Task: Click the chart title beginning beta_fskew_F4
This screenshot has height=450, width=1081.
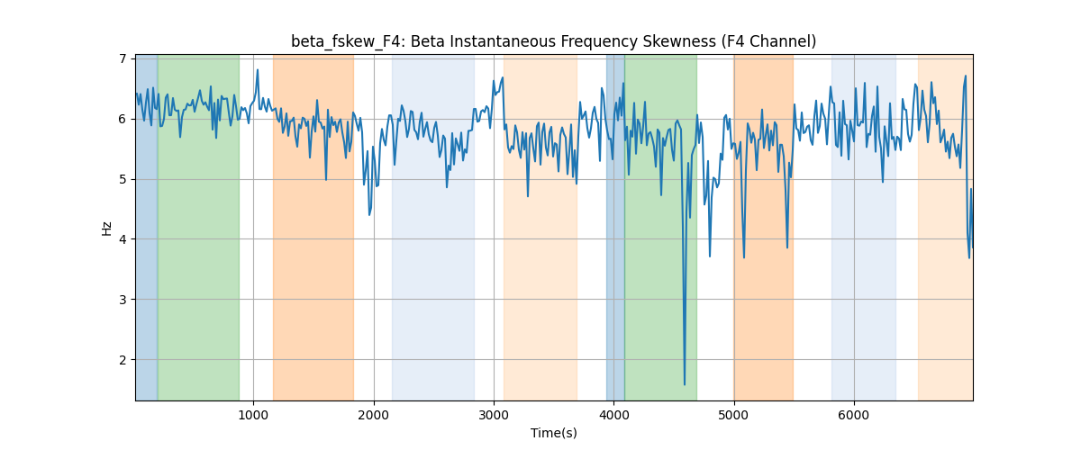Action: tap(553, 42)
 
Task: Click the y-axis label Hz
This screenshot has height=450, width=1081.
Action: tap(106, 229)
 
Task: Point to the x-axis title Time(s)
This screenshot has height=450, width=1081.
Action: tap(553, 433)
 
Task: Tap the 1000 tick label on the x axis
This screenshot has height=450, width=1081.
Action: tap(253, 415)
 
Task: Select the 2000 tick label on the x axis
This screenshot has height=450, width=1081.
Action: tap(374, 415)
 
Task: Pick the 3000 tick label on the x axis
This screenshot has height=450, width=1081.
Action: tap(494, 415)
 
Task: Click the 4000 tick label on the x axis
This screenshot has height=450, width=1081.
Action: tap(613, 415)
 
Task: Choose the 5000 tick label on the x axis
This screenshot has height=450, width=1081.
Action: tap(733, 415)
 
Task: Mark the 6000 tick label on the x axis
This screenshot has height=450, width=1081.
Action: tap(854, 415)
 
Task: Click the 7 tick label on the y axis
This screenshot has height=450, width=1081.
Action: tap(123, 58)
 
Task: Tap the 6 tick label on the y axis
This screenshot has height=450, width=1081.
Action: tap(123, 119)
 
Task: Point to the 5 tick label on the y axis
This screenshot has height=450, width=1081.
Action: tap(123, 179)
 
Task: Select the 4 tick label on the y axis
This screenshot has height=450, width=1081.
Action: tap(123, 239)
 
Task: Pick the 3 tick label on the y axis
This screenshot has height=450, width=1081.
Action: tap(123, 300)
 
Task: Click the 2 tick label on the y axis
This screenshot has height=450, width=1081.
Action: tap(123, 360)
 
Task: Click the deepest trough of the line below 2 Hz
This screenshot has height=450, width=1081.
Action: tap(685, 384)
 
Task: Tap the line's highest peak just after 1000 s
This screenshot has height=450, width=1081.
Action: tap(258, 70)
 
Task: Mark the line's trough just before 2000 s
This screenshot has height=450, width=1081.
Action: tap(369, 214)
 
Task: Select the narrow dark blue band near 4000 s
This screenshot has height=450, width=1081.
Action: tap(615, 228)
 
